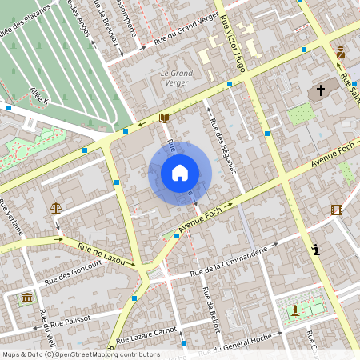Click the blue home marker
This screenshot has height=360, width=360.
tap(180, 173)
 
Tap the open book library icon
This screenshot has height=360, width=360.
tap(165, 118)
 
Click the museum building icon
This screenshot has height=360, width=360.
tap(28, 298)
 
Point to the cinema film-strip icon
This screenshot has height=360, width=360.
tap(336, 210)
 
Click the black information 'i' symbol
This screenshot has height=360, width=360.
tap(317, 250)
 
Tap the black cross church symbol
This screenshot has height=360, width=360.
tap(321, 91)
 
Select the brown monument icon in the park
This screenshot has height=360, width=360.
tap(295, 310)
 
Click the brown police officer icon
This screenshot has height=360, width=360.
tap(341, 53)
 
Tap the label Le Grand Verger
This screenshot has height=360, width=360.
tap(171, 78)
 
